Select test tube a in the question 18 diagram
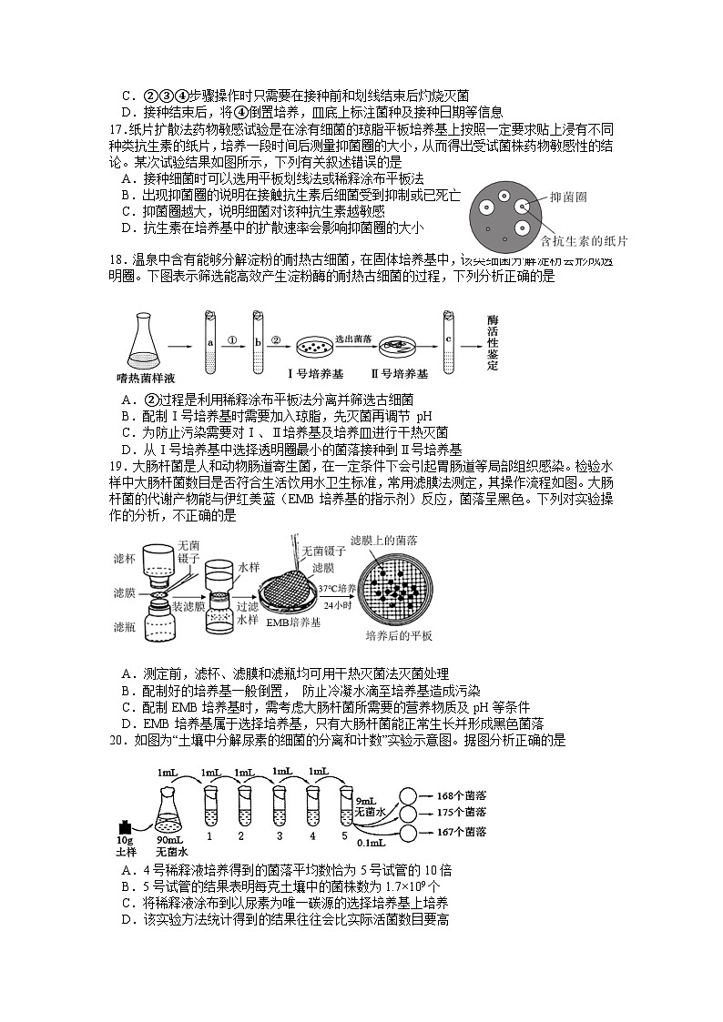pyautogui.click(x=209, y=343)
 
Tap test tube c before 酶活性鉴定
pyautogui.click(x=449, y=343)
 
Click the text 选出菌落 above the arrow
pyautogui.click(x=351, y=336)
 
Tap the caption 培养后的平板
pyautogui.click(x=398, y=634)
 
